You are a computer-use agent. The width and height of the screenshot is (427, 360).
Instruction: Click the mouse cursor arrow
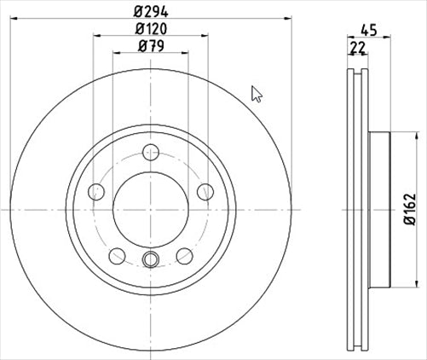coord(257,93)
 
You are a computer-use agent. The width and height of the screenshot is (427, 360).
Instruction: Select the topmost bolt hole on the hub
coord(151,153)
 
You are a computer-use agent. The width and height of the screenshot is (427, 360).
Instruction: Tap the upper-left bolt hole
coord(96,192)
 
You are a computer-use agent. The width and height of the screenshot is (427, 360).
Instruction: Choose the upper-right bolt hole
coord(205,192)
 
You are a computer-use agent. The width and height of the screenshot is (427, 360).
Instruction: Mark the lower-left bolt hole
coord(118,254)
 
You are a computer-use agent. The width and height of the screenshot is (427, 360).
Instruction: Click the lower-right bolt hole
coord(184,254)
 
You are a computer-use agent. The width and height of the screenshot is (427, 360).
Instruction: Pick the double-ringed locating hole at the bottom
coord(151,261)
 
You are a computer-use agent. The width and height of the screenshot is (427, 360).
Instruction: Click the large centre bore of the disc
coord(151,208)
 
